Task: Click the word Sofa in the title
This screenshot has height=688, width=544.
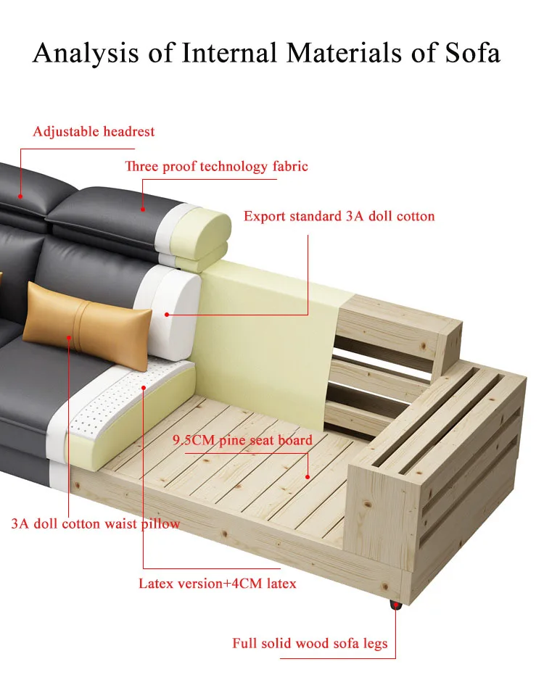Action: tap(469, 54)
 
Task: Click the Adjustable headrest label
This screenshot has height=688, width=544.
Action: tap(94, 131)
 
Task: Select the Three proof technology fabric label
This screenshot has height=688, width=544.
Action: tap(216, 167)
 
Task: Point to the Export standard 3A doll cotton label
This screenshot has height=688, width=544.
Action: tap(339, 216)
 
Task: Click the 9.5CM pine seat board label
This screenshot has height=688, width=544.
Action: tap(242, 440)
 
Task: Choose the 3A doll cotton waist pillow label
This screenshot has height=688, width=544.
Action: tap(95, 523)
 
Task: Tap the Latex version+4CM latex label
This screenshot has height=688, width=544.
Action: tap(217, 583)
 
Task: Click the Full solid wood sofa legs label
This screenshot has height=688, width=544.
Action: tap(310, 643)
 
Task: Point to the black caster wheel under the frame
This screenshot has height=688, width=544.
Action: tap(395, 605)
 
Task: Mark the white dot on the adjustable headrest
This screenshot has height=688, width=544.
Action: tap(20, 196)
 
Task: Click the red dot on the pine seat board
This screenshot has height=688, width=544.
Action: tap(308, 477)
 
